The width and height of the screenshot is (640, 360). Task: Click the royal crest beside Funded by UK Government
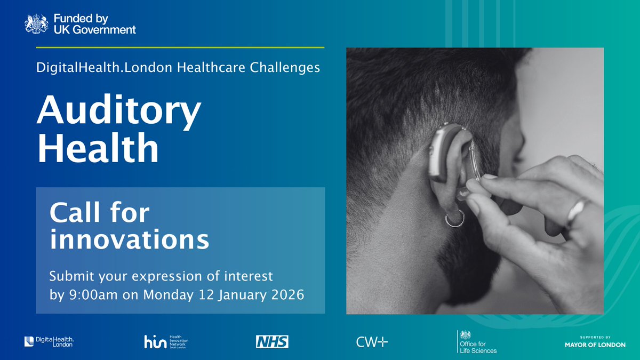(x=36, y=25)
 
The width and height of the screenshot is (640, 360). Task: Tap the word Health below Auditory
(x=98, y=150)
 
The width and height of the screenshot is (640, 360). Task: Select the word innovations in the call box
(x=129, y=240)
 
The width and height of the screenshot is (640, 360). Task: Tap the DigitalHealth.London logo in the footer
(x=49, y=341)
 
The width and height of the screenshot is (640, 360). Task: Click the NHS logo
(x=272, y=341)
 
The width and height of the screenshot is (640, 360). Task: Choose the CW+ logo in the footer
(x=372, y=342)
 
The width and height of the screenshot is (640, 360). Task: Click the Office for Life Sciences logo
(x=477, y=341)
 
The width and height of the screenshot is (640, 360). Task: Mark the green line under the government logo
(x=180, y=47)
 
